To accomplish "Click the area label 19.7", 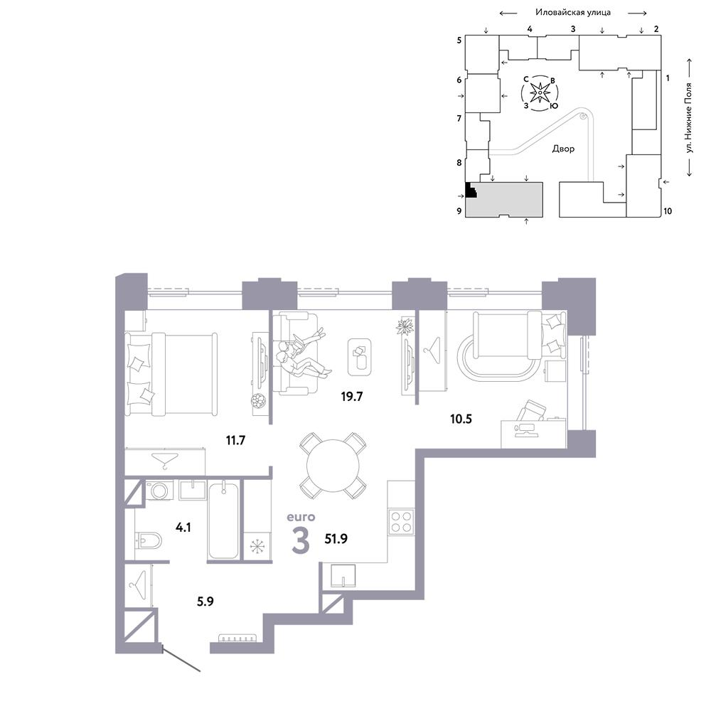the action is (x=352, y=397).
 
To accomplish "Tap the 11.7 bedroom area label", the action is (x=235, y=440).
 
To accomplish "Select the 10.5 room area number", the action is (x=461, y=419).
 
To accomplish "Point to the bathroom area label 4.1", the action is (x=183, y=528).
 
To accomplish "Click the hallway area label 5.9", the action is (x=205, y=602).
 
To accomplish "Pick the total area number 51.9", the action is (x=336, y=539).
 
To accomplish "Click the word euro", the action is (x=301, y=517).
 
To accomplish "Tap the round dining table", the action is (x=333, y=466).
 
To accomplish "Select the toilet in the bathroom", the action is (x=149, y=540).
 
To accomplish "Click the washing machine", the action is (x=159, y=490).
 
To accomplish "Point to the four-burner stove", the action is (x=401, y=521).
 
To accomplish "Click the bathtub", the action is (x=223, y=520).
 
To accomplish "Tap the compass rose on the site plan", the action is (x=540, y=93).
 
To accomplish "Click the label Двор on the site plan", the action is (x=563, y=149).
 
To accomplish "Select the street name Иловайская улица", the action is (x=572, y=12).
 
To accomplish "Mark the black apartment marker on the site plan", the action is (x=471, y=190).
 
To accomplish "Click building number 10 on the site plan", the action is (x=668, y=211).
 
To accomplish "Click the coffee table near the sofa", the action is (x=360, y=357).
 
